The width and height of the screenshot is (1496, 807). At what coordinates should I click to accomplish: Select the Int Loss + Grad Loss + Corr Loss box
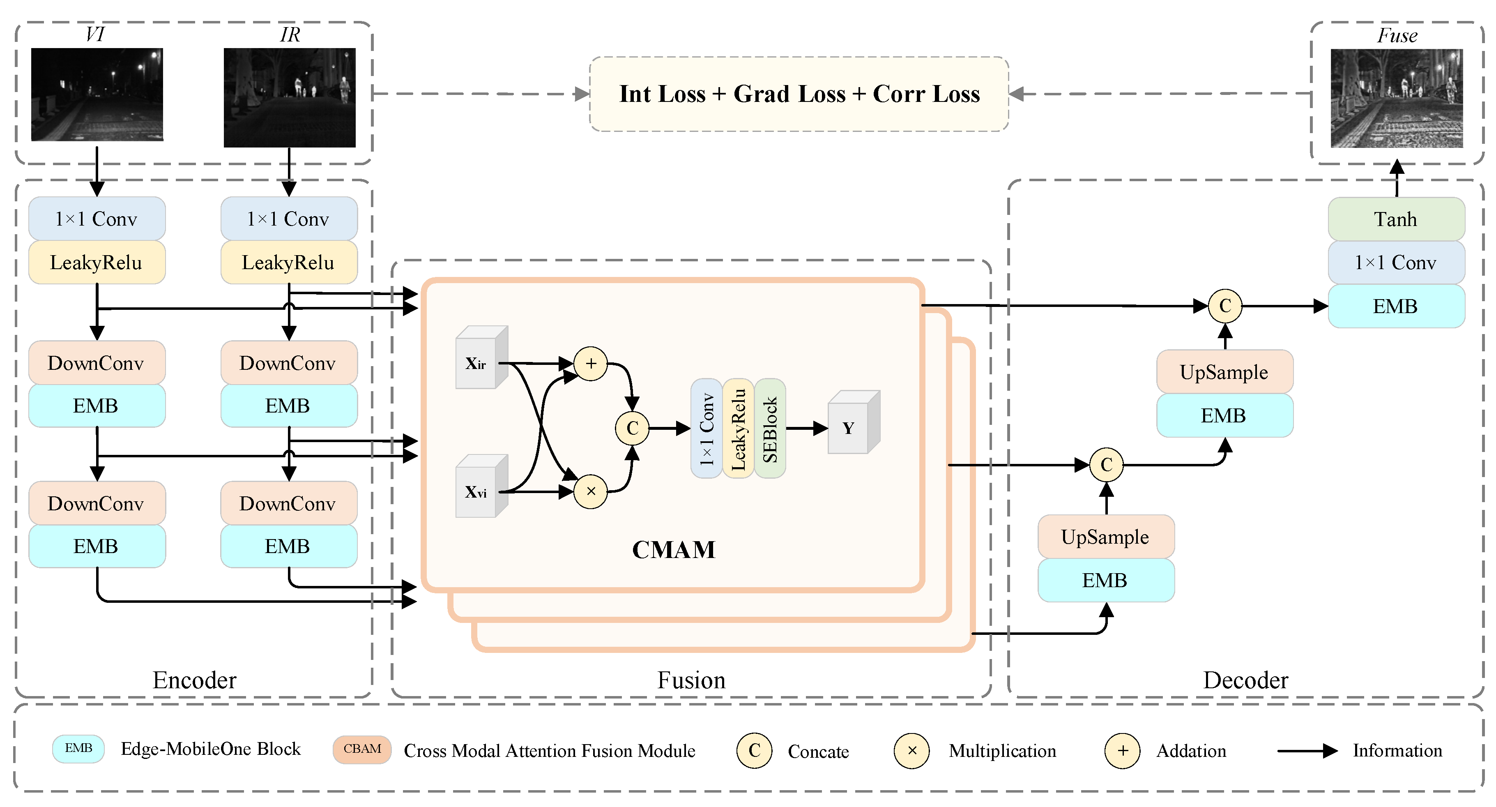pyautogui.click(x=799, y=94)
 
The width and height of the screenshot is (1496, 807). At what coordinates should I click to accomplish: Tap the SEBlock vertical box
pyautogui.click(x=769, y=429)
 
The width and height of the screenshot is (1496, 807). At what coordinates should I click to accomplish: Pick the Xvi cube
pyautogui.click(x=480, y=489)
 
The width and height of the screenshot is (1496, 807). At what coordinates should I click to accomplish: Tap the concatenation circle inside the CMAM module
pyautogui.click(x=632, y=428)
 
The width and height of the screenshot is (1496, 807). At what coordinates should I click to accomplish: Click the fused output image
pyautogui.click(x=1396, y=98)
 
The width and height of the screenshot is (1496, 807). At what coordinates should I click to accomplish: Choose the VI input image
pyautogui.click(x=97, y=95)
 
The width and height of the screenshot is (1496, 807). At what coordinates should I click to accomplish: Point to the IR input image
pyautogui.click(x=289, y=98)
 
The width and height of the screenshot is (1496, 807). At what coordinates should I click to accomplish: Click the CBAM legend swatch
pyautogui.click(x=362, y=749)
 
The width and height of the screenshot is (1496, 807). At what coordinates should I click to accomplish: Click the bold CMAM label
pyautogui.click(x=674, y=550)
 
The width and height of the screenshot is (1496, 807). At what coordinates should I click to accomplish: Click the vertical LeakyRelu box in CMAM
pyautogui.click(x=738, y=429)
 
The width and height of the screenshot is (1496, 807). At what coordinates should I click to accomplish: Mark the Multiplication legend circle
pyautogui.click(x=912, y=751)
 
